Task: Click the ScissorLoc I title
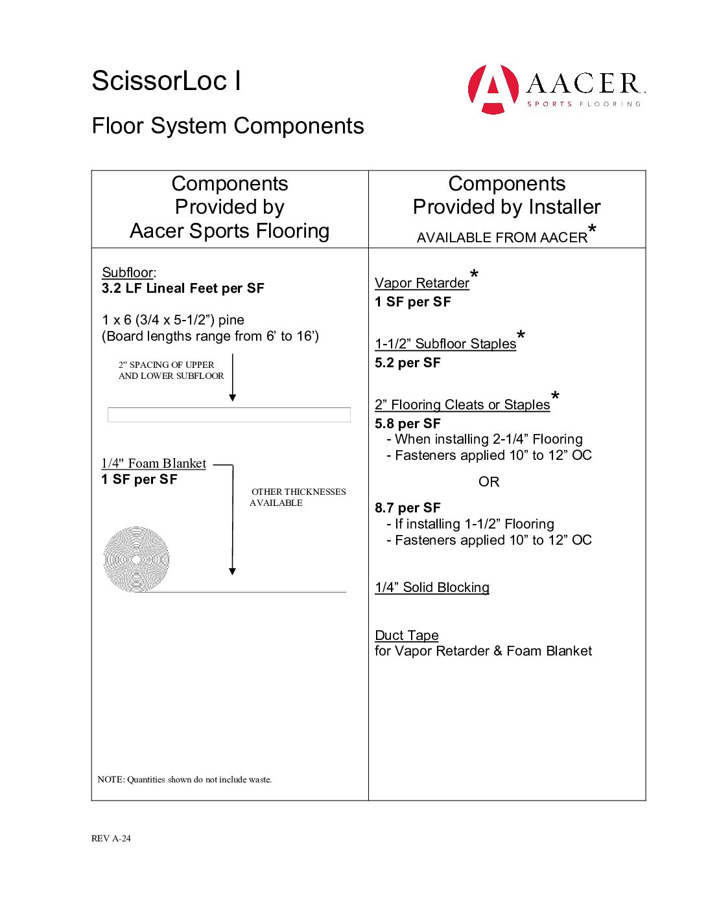[x=167, y=81]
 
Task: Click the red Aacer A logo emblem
[x=493, y=89]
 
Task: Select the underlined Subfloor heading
[x=128, y=273]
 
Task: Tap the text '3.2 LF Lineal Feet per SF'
[x=183, y=288]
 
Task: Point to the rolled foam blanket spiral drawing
[x=136, y=559]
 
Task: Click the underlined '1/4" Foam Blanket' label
[x=154, y=463]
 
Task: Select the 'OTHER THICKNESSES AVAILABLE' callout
[x=298, y=497]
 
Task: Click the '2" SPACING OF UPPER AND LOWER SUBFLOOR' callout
[x=171, y=370]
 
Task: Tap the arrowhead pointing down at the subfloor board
[x=233, y=398]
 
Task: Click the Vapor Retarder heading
[x=422, y=283]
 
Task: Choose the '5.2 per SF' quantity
[x=408, y=363]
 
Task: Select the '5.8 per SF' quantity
[x=408, y=424]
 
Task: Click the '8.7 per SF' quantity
[x=408, y=508]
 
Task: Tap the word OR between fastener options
[x=489, y=482]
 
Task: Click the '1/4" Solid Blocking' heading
[x=432, y=587]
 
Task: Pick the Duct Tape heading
[x=407, y=635]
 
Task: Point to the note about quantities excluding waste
[x=185, y=779]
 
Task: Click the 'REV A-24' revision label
[x=111, y=838]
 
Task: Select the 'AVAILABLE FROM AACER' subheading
[x=502, y=238]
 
